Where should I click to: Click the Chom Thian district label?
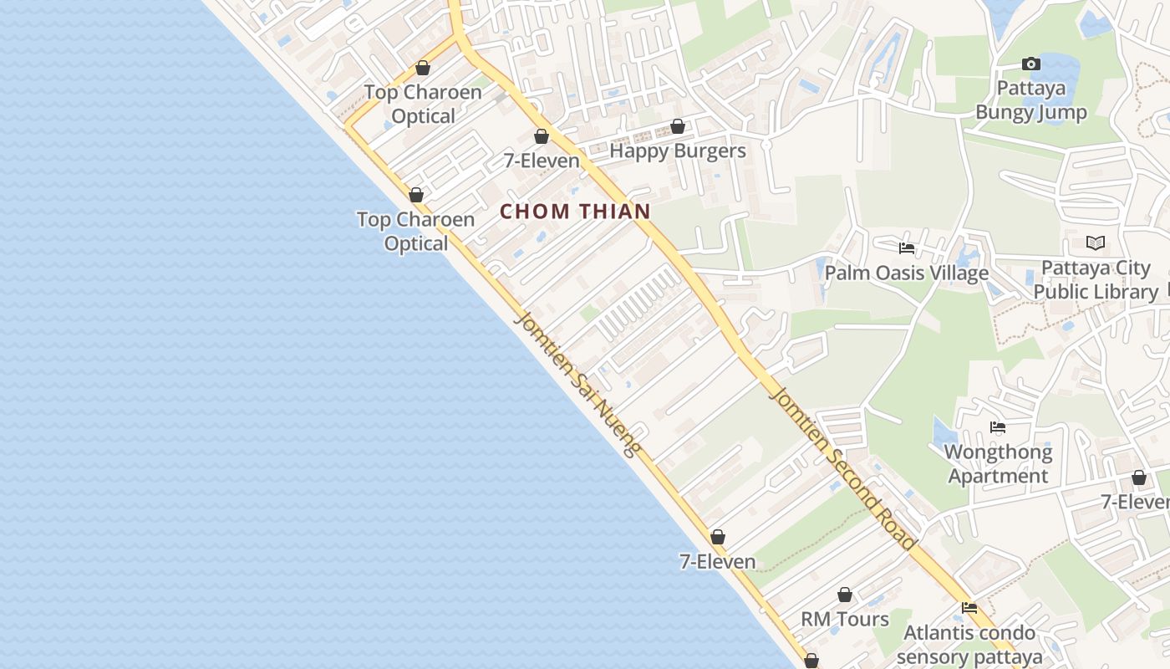click(575, 212)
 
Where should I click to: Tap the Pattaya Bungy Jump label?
click(1031, 100)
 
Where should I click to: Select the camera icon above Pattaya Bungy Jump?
click(1031, 64)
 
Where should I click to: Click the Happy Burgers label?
click(677, 151)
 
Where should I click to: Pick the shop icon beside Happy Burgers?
click(678, 127)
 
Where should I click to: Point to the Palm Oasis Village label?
click(906, 273)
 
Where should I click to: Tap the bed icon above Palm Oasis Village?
click(906, 248)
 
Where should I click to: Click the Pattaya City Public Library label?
click(1096, 279)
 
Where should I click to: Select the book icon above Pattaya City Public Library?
click(1096, 243)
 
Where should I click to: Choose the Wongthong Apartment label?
click(998, 464)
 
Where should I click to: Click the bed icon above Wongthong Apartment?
click(998, 427)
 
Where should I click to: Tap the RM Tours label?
click(845, 620)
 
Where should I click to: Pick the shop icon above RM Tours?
click(845, 595)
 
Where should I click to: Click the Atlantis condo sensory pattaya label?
click(969, 644)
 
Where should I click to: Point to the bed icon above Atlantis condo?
click(969, 608)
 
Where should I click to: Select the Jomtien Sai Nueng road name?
click(577, 384)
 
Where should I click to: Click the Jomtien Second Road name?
click(843, 467)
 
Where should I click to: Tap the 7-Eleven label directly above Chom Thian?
click(542, 161)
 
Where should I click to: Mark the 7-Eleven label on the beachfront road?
click(717, 562)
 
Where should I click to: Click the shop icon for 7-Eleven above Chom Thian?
click(542, 136)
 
